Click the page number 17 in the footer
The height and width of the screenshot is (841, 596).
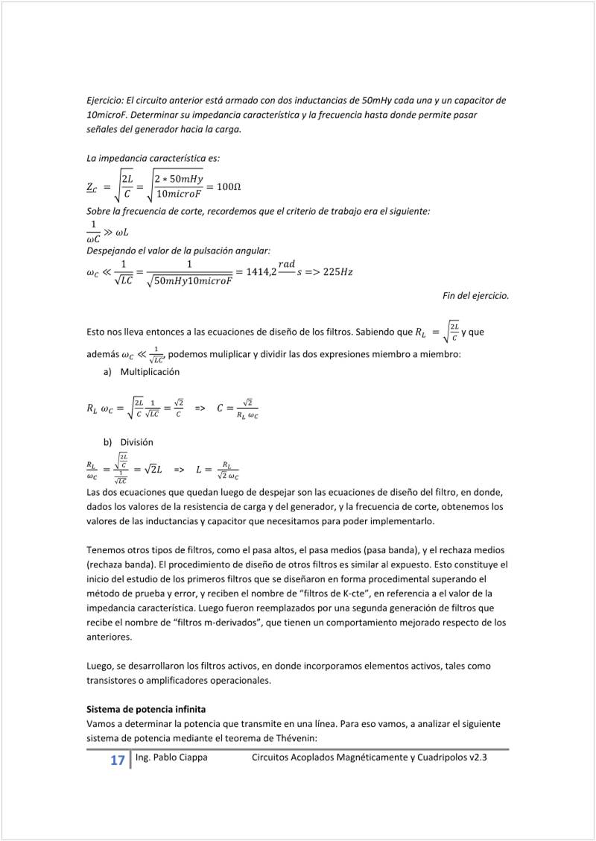pyautogui.click(x=117, y=760)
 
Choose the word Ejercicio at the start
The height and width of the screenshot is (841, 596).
pyautogui.click(x=104, y=100)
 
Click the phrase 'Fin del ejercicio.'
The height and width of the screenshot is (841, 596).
pyautogui.click(x=476, y=296)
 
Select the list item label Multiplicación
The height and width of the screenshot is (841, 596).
pyautogui.click(x=150, y=371)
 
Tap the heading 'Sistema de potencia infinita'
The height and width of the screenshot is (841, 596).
pyautogui.click(x=146, y=708)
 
